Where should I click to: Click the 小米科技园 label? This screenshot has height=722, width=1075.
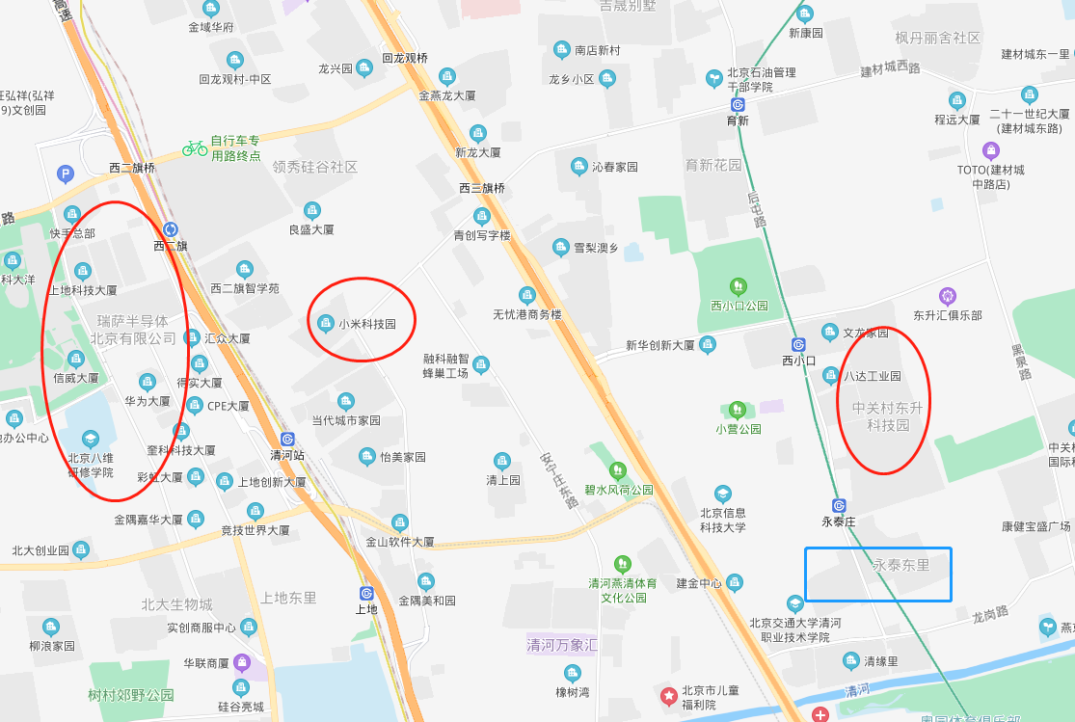[367, 324]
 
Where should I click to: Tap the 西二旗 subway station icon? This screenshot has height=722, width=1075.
[171, 229]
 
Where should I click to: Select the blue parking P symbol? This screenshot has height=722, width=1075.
[66, 174]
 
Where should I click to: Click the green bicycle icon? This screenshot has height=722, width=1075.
[195, 147]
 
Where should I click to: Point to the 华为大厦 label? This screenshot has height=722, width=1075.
[147, 400]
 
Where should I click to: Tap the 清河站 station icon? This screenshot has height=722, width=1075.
[286, 439]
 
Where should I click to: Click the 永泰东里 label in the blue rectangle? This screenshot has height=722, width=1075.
[901, 565]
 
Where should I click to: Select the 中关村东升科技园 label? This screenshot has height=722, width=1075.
[887, 416]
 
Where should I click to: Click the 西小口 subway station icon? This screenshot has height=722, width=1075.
[798, 345]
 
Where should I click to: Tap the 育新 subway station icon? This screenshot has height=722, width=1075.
[738, 104]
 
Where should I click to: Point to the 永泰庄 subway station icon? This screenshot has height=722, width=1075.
[839, 505]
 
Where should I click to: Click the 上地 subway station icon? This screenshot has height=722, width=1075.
[366, 593]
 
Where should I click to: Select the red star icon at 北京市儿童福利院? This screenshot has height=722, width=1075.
[667, 695]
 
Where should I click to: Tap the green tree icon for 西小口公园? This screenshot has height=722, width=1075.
[739, 285]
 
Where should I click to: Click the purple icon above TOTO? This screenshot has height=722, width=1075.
[990, 150]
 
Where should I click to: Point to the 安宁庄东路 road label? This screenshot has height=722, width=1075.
[559, 479]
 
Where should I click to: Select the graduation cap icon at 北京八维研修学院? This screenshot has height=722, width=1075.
[90, 440]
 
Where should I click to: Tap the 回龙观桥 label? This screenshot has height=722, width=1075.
[404, 58]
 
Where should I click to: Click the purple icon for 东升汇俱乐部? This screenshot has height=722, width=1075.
[948, 295]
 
